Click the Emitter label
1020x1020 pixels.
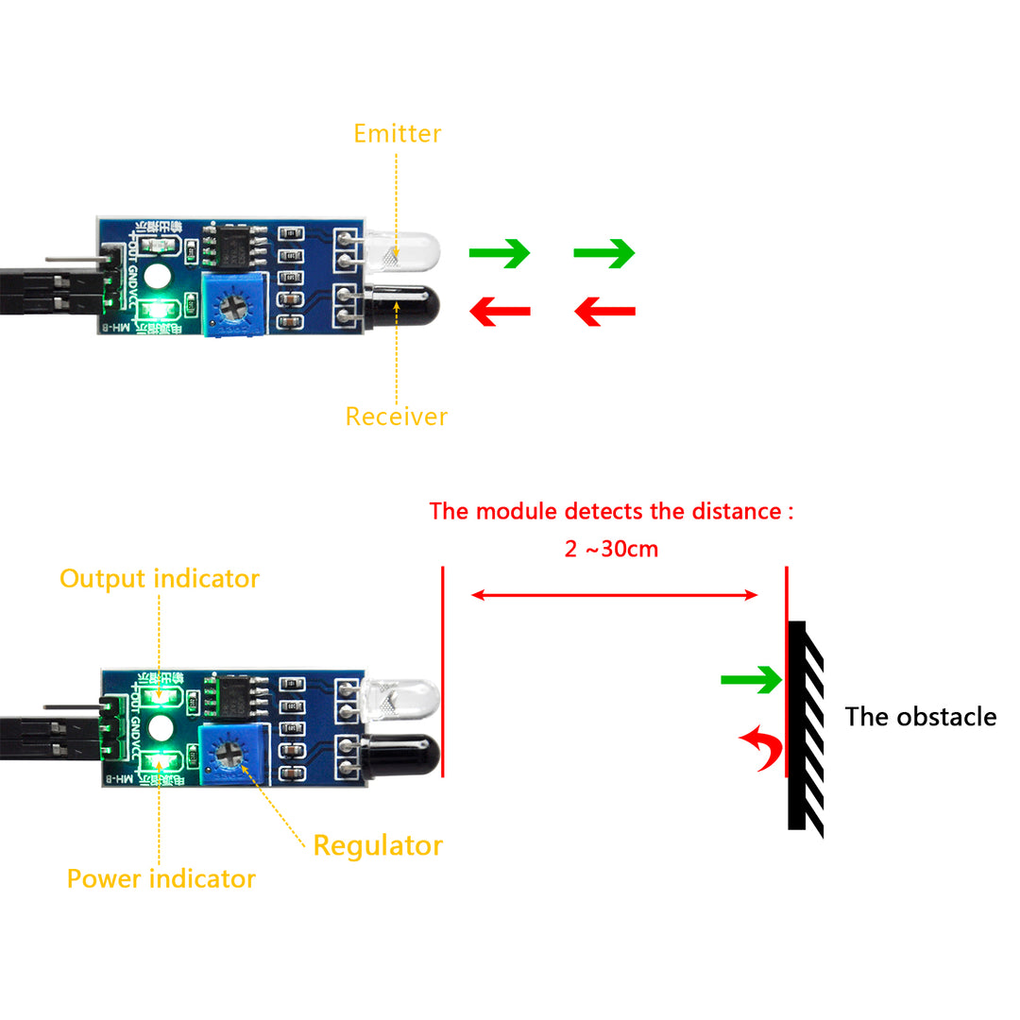coord(397,133)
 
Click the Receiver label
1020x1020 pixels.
coord(396,416)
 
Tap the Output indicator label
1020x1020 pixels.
coord(159,578)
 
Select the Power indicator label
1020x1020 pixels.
coord(161,878)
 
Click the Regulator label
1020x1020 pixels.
coord(378,845)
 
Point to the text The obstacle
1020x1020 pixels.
coord(920,717)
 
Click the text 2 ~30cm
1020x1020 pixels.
coord(611,549)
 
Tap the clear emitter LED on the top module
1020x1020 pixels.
coord(412,251)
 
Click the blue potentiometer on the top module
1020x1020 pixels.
coord(232,304)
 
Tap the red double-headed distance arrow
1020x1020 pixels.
coord(614,595)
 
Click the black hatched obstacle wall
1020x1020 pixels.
coord(805,727)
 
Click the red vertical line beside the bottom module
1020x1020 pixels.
coord(442,671)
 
